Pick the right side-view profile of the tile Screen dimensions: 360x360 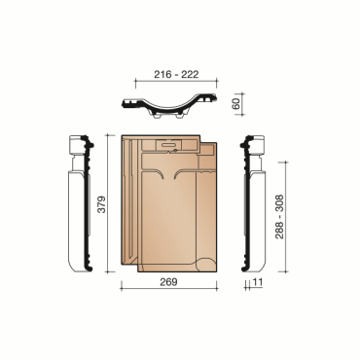[x=258, y=209]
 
